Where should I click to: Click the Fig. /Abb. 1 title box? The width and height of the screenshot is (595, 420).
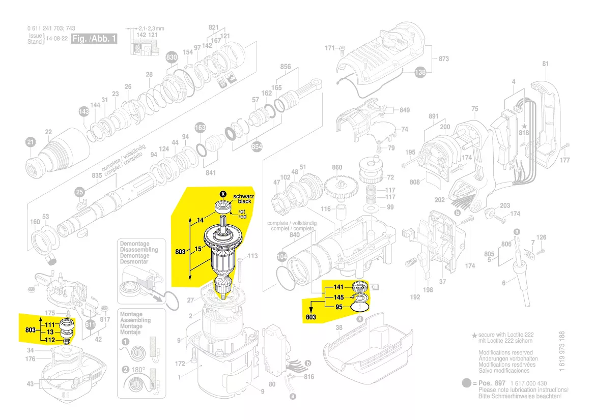(x=94, y=39)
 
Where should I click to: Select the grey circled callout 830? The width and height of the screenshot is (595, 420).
(x=172, y=58)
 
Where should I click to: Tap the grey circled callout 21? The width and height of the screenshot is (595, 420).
(x=31, y=142)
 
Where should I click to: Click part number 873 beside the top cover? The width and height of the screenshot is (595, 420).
(x=443, y=59)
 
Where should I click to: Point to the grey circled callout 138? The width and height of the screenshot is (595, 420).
(x=420, y=73)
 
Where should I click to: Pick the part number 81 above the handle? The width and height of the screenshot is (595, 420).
(x=546, y=64)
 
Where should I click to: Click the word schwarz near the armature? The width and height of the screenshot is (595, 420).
(x=244, y=196)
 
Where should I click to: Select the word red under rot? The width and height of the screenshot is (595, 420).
(x=242, y=217)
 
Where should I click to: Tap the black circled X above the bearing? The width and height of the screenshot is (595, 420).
(x=222, y=194)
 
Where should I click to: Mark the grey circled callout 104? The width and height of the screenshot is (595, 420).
(x=281, y=257)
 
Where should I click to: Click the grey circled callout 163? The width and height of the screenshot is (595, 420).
(x=200, y=128)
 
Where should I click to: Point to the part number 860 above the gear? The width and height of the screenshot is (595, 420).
(x=337, y=167)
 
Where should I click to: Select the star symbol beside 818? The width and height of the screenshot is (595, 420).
(x=524, y=125)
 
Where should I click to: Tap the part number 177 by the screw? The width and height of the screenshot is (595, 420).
(x=565, y=161)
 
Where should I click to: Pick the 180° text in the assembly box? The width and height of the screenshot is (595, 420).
(x=138, y=370)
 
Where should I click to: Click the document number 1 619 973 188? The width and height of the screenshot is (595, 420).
(x=562, y=353)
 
